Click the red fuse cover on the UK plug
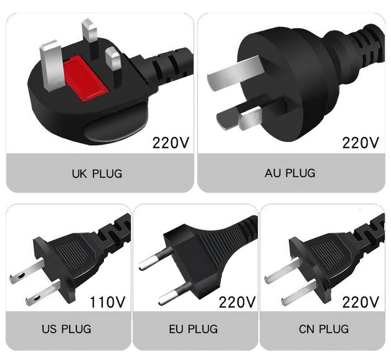pyautogui.click(x=86, y=78)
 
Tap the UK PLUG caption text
pyautogui.click(x=97, y=174)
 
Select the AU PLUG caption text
pyautogui.click(x=290, y=173)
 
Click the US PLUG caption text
pyautogui.click(x=67, y=329)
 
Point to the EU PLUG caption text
pyautogui.click(x=194, y=329)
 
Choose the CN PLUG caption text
pyautogui.click(x=324, y=329)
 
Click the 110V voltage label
pyautogui.click(x=107, y=302)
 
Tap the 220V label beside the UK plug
pyautogui.click(x=171, y=143)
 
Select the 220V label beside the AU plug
pyautogui.click(x=360, y=143)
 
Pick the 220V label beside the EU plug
pyautogui.click(x=237, y=302)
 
